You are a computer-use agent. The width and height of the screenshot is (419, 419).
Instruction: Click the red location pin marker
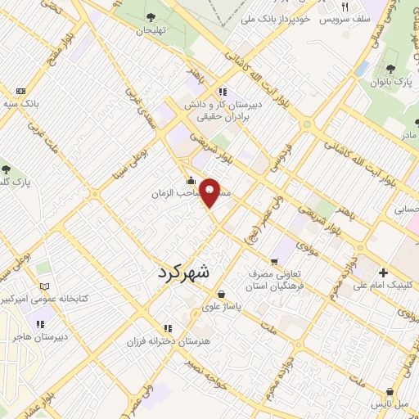coord(210,191)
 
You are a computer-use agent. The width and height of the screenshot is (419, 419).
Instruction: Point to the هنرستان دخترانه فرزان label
coord(171,339)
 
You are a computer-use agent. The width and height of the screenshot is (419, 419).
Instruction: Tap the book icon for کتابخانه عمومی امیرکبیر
coord(45,287)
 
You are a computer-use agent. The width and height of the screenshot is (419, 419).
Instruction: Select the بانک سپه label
coord(19,105)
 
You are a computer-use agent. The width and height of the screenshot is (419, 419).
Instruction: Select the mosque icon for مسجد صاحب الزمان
coord(191,181)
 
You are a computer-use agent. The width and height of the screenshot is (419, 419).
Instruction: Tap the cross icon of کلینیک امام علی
coord(383,273)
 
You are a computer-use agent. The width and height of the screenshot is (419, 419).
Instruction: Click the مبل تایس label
coord(391,404)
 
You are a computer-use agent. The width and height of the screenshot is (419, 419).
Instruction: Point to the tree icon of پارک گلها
coord(6,169)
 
